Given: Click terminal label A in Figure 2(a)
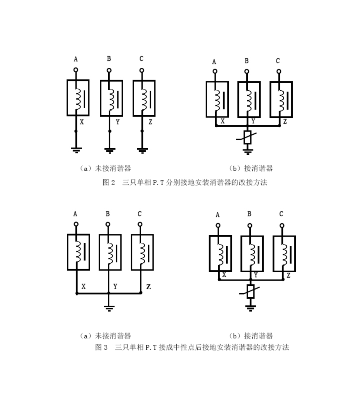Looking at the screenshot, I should coord(76,59).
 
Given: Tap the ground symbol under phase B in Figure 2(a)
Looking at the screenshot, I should coord(110,149).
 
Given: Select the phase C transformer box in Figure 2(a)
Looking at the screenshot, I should coord(144,98).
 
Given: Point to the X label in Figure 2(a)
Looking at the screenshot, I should coord(82,121).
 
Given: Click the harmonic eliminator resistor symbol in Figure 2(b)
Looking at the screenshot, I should coord(247,137).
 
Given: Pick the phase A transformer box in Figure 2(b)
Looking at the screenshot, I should coord(217,99).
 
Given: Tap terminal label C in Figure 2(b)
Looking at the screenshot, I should coord(278,61).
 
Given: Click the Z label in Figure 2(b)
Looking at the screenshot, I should coord(285,121).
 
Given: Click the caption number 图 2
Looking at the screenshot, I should coord(109,182).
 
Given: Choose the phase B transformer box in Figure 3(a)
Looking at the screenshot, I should coord(110,252).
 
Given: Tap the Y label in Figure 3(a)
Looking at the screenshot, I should coord(115,286).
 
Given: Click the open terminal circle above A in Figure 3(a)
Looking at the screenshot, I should coord(76,225).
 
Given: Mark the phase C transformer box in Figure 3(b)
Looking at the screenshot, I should coord(284,253).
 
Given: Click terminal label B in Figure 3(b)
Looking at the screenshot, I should coord(249,214).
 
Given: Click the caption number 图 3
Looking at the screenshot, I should coord(101,347).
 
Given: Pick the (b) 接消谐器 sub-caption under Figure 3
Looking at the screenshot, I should coord(251,336).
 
